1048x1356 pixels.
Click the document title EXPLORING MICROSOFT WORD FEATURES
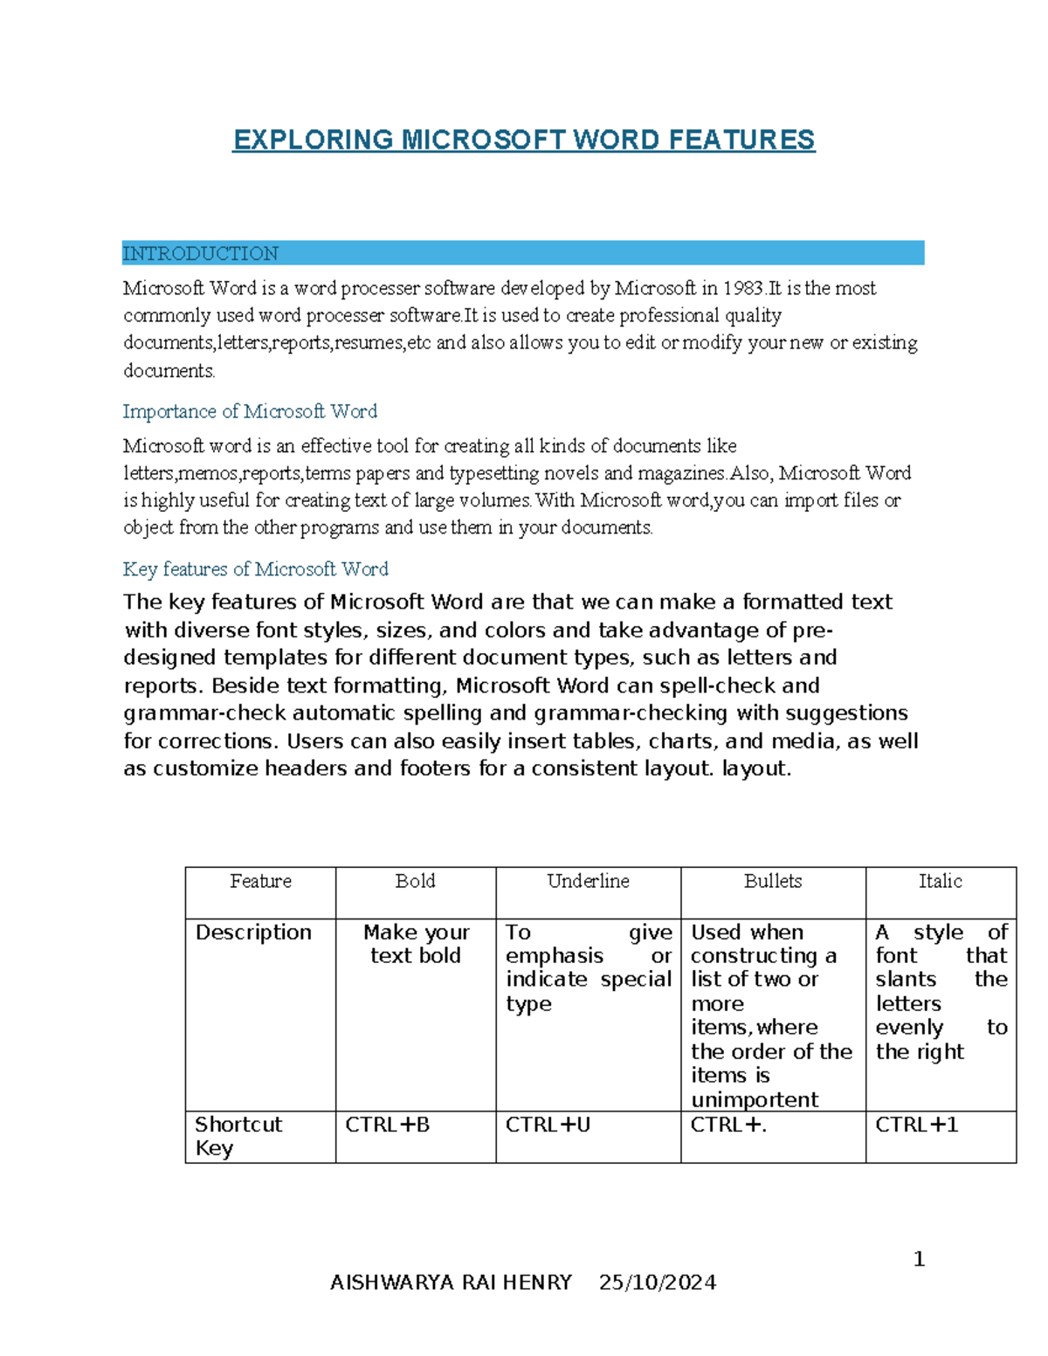tap(523, 140)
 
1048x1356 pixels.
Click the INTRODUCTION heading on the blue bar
tap(200, 253)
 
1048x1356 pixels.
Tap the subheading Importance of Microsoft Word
tap(250, 411)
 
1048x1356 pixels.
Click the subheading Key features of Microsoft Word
tap(255, 569)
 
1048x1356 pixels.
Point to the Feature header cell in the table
tap(260, 881)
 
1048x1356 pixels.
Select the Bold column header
tap(415, 881)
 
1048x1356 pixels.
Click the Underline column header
tap(588, 881)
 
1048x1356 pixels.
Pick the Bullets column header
tap(773, 881)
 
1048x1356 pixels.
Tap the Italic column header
tap(940, 881)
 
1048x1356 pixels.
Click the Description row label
tap(253, 933)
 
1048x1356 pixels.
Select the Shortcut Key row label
tap(238, 1135)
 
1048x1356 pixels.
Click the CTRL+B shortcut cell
tap(387, 1125)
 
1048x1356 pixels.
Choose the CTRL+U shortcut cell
tap(548, 1125)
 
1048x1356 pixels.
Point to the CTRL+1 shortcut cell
tap(916, 1125)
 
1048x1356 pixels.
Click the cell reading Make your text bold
tap(416, 944)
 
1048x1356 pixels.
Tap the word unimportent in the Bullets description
tap(755, 1099)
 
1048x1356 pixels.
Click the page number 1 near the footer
tap(919, 1258)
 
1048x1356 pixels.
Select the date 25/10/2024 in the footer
tap(658, 1282)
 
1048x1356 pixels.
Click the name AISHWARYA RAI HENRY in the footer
tap(451, 1282)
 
